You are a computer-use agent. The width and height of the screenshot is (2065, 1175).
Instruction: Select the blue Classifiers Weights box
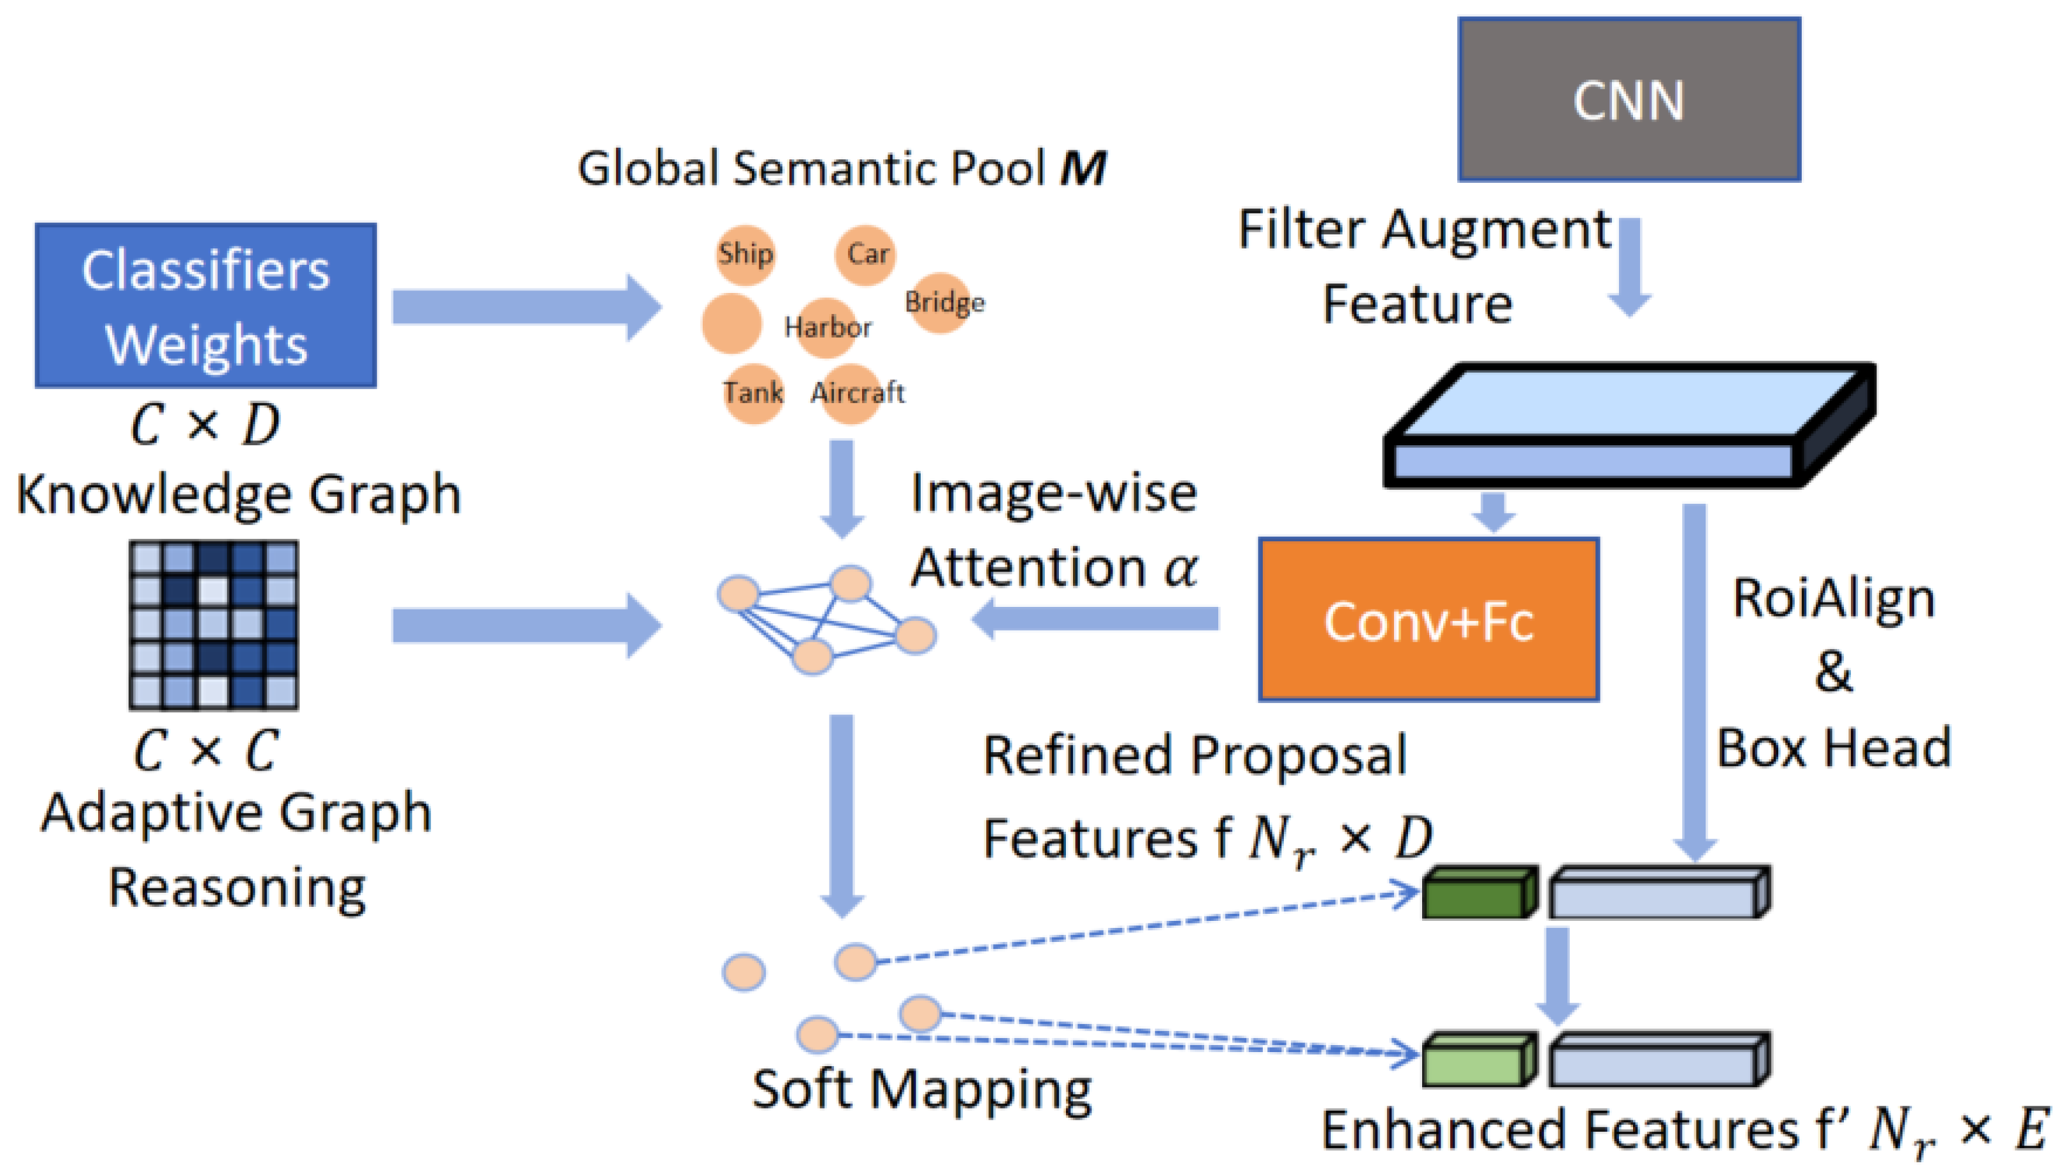pos(205,305)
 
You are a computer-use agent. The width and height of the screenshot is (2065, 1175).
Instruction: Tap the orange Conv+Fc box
pos(1427,619)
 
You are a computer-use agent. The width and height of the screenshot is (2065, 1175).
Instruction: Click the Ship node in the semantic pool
pos(744,254)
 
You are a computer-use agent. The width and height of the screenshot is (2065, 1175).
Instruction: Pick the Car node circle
pos(865,254)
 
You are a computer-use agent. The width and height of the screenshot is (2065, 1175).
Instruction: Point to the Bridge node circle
pos(940,303)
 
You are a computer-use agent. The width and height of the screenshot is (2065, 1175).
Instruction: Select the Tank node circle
pos(752,393)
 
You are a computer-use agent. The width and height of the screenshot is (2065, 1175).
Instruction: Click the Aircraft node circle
pos(852,393)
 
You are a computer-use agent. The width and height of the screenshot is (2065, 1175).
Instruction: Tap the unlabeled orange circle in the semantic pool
pos(731,324)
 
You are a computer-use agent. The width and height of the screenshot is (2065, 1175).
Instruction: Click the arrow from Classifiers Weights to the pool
pos(525,308)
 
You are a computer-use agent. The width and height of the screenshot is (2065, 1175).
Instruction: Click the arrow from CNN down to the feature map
pos(1629,266)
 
